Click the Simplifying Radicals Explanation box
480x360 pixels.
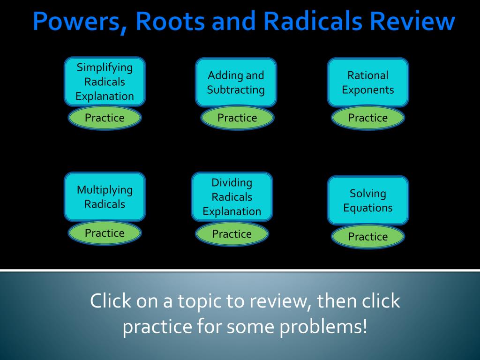click(x=105, y=82)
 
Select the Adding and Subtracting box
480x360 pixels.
click(x=236, y=82)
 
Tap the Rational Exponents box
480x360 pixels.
click(x=367, y=82)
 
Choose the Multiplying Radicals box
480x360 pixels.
click(x=105, y=197)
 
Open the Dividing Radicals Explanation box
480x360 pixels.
click(x=232, y=197)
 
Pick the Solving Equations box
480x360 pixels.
click(x=367, y=200)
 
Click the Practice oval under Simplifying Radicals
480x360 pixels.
click(x=105, y=118)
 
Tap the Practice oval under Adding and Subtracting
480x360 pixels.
click(x=237, y=118)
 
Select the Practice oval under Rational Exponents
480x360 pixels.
click(x=367, y=118)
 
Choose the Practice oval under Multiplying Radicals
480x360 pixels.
click(x=105, y=233)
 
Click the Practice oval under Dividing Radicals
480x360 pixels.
click(x=232, y=234)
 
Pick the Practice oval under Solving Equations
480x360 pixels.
click(x=367, y=237)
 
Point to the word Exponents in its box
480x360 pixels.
click(x=367, y=90)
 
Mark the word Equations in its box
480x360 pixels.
click(x=367, y=208)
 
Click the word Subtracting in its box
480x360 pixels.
click(x=236, y=90)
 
